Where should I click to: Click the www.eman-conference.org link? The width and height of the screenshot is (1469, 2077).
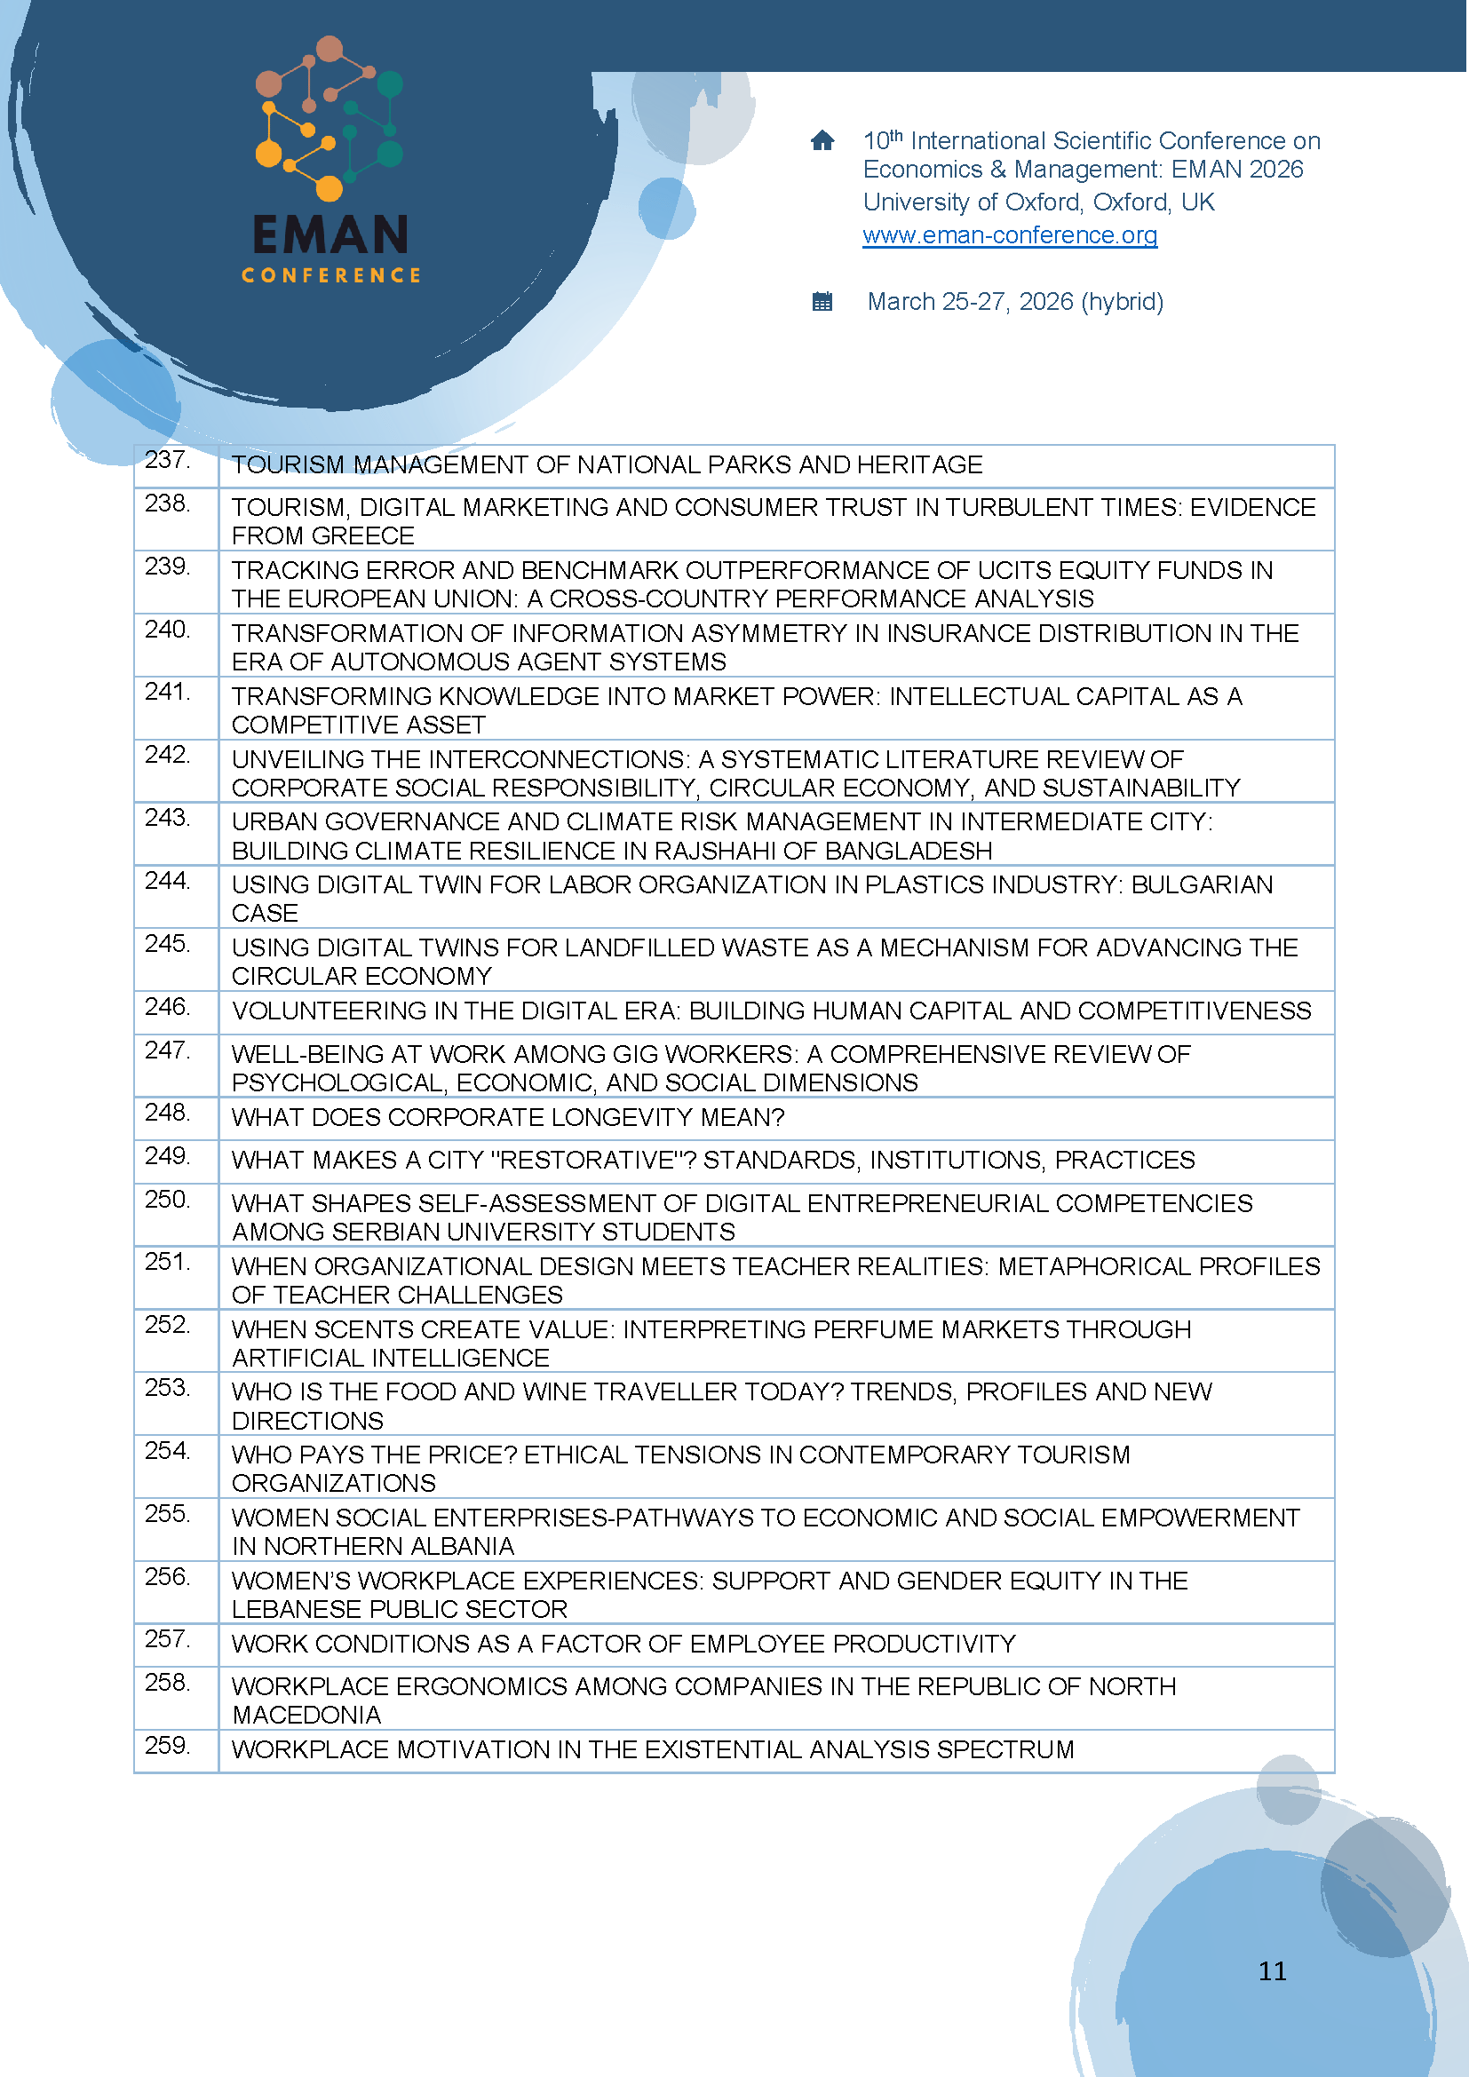1010,235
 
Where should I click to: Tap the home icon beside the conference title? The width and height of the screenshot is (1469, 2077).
822,140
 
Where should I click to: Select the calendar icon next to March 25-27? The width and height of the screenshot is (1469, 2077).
822,301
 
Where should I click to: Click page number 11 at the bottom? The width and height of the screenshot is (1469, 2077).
1272,1971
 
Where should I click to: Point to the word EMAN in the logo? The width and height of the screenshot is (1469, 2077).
330,235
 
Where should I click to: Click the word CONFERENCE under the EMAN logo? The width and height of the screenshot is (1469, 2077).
331,275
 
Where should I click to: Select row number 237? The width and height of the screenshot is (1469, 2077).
167,461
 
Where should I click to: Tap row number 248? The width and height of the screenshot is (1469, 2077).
167,1113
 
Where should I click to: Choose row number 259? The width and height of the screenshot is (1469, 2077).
167,1745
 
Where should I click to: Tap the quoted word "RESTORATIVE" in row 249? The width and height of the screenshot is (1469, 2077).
592,1161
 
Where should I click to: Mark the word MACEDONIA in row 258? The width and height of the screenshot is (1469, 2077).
306,1716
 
